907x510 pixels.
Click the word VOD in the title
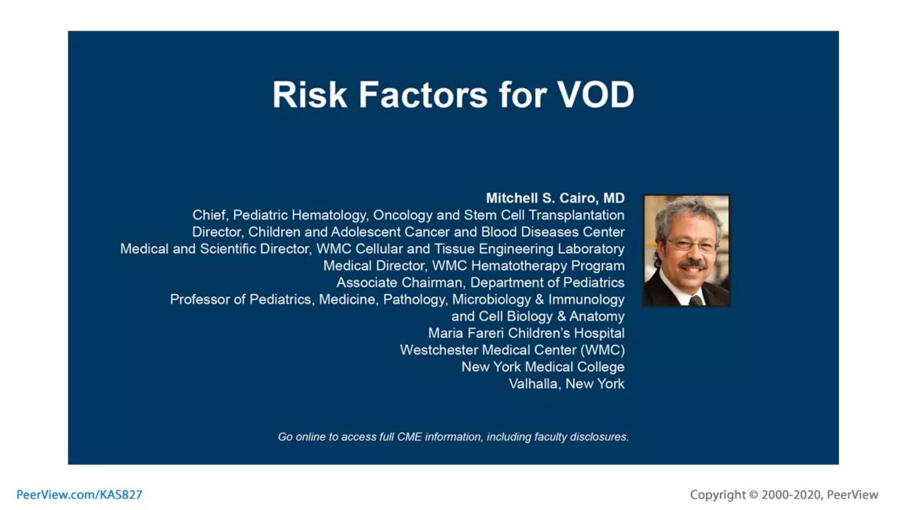tap(595, 95)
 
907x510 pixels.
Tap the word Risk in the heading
tap(309, 95)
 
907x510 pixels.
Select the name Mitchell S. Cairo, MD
tap(555, 198)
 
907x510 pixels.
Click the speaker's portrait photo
tap(686, 251)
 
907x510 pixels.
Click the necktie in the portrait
tap(695, 301)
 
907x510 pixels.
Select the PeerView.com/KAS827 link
tap(79, 495)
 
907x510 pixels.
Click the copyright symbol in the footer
tap(753, 495)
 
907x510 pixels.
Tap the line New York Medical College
tap(543, 367)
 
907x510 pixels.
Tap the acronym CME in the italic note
tap(409, 437)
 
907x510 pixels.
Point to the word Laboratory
tap(591, 249)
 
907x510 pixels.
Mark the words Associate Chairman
tap(399, 282)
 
